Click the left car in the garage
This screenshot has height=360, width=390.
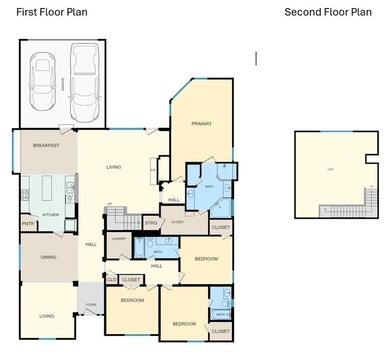(42, 78)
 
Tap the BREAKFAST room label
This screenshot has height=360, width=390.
(46, 145)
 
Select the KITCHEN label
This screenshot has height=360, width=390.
(50, 214)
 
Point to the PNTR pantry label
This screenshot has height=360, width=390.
(28, 225)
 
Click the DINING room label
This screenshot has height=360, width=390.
(48, 257)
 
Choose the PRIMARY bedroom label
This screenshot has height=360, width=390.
(202, 123)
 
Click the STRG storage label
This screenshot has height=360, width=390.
(152, 222)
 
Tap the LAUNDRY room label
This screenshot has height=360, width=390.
(118, 238)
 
